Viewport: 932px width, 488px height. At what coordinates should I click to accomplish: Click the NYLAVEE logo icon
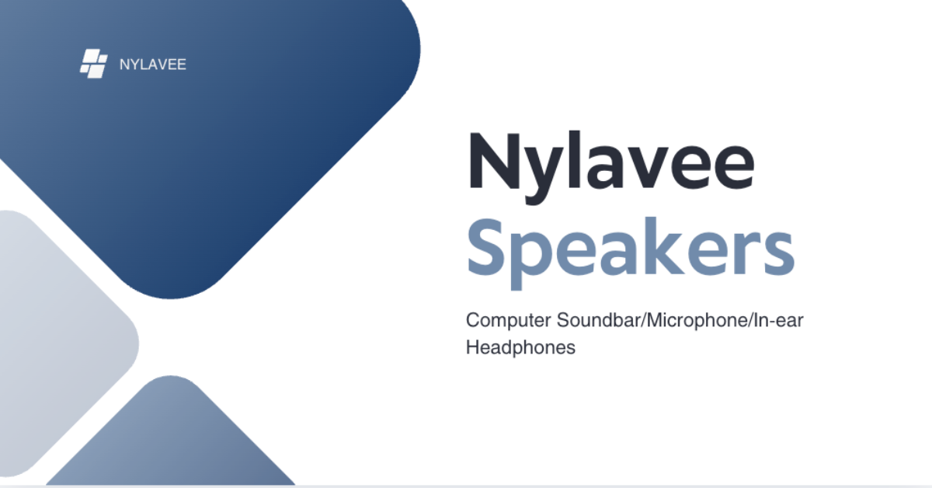tap(94, 63)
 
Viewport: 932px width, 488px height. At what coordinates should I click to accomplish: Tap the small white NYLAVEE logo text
tap(153, 64)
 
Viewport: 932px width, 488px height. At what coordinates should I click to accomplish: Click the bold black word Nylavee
tap(611, 168)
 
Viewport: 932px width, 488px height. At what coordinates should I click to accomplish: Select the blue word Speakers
tap(631, 253)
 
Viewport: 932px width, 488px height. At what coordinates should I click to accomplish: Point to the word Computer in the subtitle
tap(509, 321)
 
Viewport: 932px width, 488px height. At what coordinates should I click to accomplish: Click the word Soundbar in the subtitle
tap(599, 320)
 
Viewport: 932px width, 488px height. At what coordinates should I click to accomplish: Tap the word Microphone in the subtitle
tap(697, 321)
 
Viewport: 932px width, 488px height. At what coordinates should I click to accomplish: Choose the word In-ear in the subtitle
tap(778, 320)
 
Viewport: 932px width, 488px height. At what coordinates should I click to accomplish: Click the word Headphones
tap(520, 347)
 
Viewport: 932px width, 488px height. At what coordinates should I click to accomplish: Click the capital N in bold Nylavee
tap(494, 161)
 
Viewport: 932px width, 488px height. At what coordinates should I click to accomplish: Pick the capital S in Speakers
tap(485, 247)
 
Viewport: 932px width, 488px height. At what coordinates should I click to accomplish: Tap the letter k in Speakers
tap(661, 246)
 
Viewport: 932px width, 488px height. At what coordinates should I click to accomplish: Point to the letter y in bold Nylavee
tap(543, 175)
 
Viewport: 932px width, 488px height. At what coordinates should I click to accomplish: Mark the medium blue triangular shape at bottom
tap(171, 441)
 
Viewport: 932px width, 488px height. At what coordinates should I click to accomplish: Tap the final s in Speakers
tap(777, 254)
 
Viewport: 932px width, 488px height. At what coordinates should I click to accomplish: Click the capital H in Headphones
tap(473, 347)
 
